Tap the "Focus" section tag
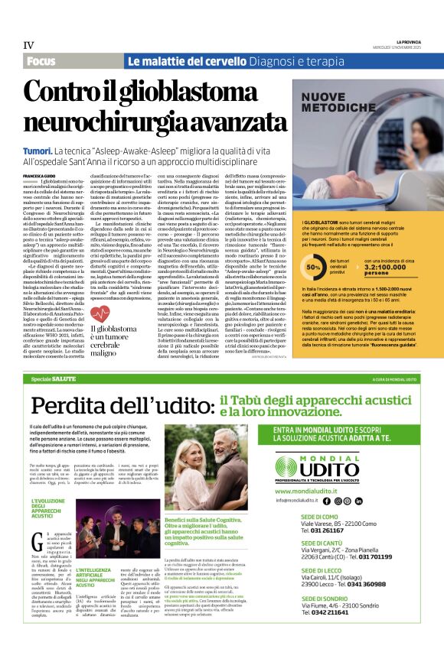pos(44,60)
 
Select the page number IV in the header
pos(29,45)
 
